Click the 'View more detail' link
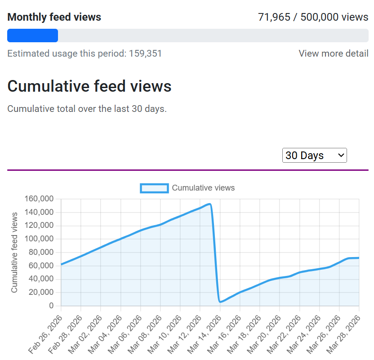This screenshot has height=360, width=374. [333, 53]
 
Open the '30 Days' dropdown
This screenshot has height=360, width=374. [314, 156]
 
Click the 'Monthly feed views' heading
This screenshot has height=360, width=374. [54, 17]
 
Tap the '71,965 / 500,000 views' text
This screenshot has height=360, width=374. [313, 17]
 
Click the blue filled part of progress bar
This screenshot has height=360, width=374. [32, 36]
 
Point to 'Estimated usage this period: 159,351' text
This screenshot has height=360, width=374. [85, 53]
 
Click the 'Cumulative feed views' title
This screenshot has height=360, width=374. [89, 86]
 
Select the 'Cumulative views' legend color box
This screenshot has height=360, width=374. [154, 188]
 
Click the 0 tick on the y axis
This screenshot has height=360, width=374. [51, 306]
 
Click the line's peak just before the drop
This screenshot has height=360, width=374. [209, 204]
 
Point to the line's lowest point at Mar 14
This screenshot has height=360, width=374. [220, 302]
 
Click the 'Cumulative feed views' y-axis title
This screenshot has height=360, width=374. [14, 253]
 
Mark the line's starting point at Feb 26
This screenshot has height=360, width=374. [61, 264]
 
